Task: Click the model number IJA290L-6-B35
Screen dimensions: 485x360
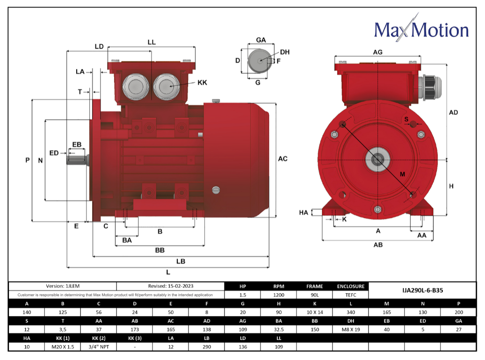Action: pyautogui.click(x=422, y=290)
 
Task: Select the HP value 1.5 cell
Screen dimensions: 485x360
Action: pyautogui.click(x=243, y=295)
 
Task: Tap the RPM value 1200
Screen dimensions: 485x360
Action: pyautogui.click(x=279, y=295)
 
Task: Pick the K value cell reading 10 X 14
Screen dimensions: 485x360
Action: pyautogui.click(x=315, y=312)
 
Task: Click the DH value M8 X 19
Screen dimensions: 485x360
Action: pyautogui.click(x=351, y=330)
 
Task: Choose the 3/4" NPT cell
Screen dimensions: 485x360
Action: pyautogui.click(x=99, y=347)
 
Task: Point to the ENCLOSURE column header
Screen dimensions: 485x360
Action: pyautogui.click(x=351, y=287)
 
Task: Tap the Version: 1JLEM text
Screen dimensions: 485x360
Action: pyautogui.click(x=63, y=286)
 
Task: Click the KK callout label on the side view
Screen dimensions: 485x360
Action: pyautogui.click(x=203, y=83)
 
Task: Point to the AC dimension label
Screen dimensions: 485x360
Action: pyautogui.click(x=282, y=158)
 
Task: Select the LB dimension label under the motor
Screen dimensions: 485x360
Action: pyautogui.click(x=181, y=261)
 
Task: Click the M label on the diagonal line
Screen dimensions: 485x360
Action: pyautogui.click(x=402, y=174)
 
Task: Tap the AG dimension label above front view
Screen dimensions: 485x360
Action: pyautogui.click(x=378, y=52)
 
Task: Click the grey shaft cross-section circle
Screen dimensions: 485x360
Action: pyautogui.click(x=260, y=61)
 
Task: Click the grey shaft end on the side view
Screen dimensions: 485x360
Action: pyautogui.click(x=77, y=160)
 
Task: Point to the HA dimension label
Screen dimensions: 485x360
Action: pyautogui.click(x=304, y=212)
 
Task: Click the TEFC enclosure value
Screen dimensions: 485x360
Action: pyautogui.click(x=351, y=295)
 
